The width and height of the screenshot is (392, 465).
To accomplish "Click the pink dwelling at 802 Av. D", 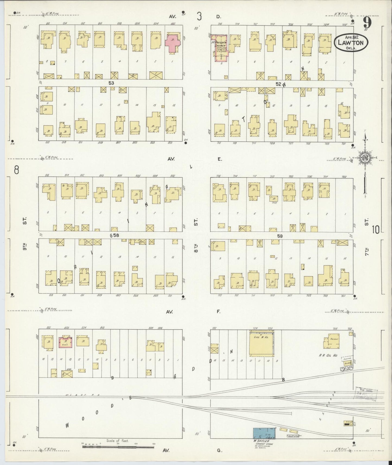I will pyautogui.click(x=172, y=43).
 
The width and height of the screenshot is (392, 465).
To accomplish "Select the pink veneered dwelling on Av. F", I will pyautogui.click(x=66, y=342).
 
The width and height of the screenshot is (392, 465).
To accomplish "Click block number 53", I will pyautogui.click(x=111, y=83).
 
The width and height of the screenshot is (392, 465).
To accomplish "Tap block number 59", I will pyautogui.click(x=280, y=236).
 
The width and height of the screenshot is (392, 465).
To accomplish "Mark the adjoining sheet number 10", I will pyautogui.click(x=376, y=230).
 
